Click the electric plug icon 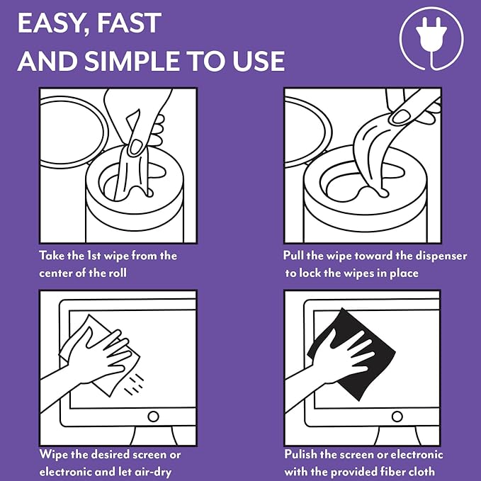tap(431, 39)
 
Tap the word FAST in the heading tap(129, 23)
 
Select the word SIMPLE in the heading tap(132, 61)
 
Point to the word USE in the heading tap(259, 61)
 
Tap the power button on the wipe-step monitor tap(153, 417)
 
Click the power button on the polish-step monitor tap(397, 417)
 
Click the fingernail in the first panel tap(135, 147)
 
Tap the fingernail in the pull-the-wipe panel tap(401, 116)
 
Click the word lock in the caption tap(310, 273)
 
